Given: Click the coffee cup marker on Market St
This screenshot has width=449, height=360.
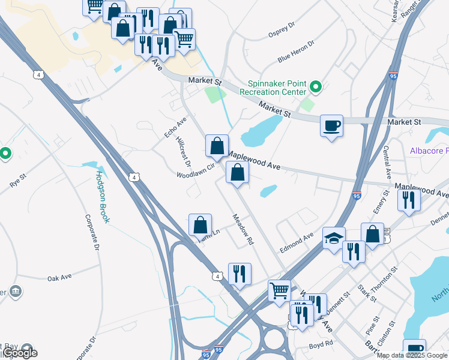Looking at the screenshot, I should point(331,127).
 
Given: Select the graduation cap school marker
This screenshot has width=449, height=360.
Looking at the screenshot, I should point(334,239).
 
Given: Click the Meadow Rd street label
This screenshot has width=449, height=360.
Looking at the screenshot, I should point(242,230).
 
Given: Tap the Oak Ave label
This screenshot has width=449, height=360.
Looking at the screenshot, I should point(59,277).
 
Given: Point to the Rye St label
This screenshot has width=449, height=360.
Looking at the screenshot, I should point(19,180).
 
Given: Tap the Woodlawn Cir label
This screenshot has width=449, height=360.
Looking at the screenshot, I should point(195,171).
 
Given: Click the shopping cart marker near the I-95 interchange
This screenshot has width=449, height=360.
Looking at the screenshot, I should point(279,291).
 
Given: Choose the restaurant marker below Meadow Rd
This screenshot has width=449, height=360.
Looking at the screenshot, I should point(240,274).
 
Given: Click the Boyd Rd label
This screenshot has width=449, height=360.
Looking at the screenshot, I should point(321,344).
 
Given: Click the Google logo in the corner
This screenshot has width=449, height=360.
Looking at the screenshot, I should point(20,353).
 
